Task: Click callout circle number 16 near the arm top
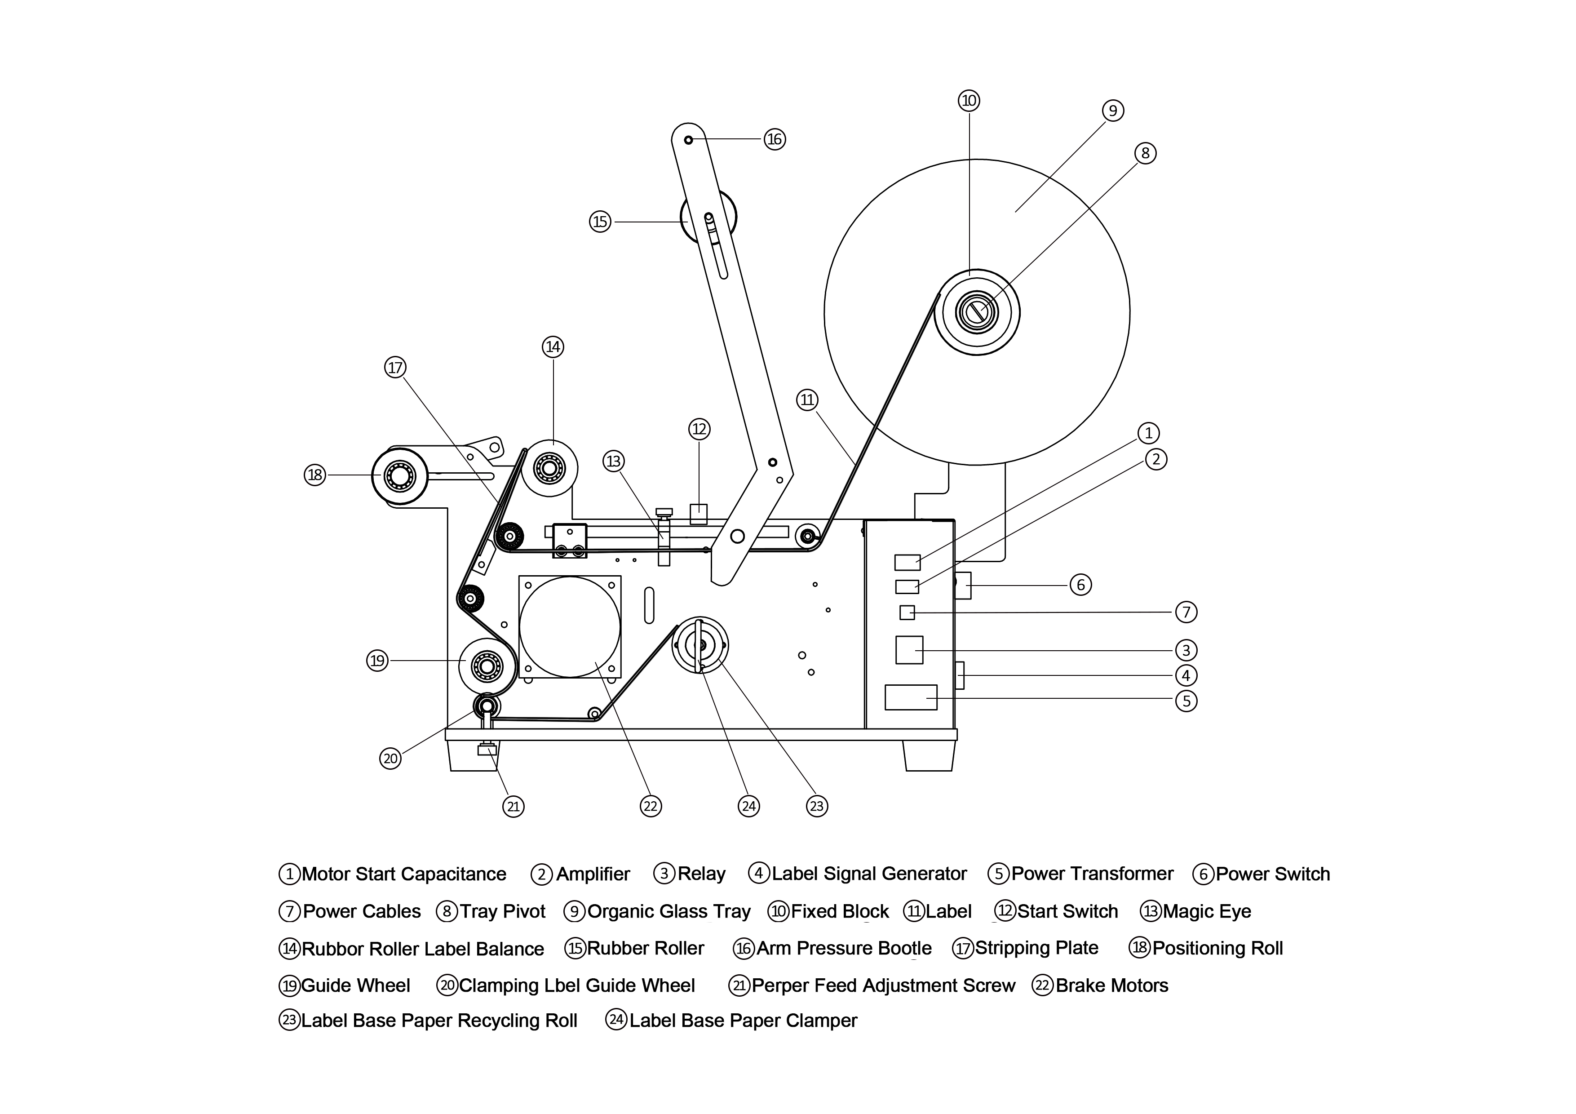point(774,139)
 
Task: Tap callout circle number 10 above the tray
point(969,101)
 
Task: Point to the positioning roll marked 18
point(399,475)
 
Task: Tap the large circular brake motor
point(570,627)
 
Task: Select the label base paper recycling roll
point(699,645)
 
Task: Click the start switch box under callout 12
point(698,514)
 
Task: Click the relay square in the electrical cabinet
point(909,649)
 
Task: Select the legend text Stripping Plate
point(1036,948)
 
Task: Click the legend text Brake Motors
point(1111,985)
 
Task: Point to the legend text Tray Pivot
point(502,911)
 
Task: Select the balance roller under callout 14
point(549,468)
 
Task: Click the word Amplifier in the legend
point(593,874)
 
